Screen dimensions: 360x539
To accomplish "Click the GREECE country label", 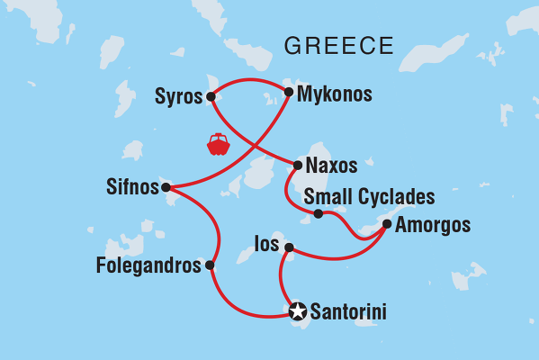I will pyautogui.click(x=338, y=46).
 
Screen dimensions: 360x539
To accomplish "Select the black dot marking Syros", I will pyautogui.click(x=210, y=96).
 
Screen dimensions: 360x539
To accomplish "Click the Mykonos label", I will pyautogui.click(x=334, y=93).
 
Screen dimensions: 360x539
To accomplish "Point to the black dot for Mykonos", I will pyautogui.click(x=288, y=92).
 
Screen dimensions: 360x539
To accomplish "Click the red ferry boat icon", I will pyautogui.click(x=218, y=144).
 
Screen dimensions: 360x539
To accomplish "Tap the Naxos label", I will pyautogui.click(x=331, y=166).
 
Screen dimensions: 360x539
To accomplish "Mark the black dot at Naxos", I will pyautogui.click(x=297, y=165).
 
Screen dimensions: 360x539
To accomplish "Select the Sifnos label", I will pyautogui.click(x=131, y=188).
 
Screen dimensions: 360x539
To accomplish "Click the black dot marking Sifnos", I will pyautogui.click(x=166, y=188).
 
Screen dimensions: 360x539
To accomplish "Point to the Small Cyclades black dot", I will pyautogui.click(x=319, y=213).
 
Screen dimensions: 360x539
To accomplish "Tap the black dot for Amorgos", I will pyautogui.click(x=387, y=224).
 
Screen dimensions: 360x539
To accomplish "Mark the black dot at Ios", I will pyautogui.click(x=289, y=247).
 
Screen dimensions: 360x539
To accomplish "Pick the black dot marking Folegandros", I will pyautogui.click(x=210, y=265).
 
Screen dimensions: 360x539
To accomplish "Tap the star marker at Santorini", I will pyautogui.click(x=297, y=312).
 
